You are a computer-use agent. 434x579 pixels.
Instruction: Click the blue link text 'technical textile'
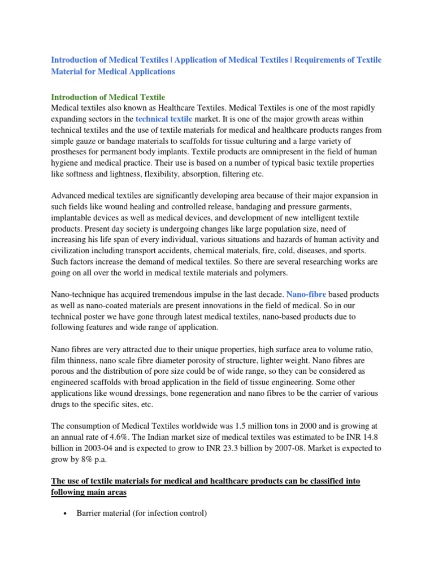click(164, 119)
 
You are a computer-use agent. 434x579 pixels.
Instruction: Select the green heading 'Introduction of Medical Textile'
click(108, 98)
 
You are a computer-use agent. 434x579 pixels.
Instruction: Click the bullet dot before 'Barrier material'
click(66, 513)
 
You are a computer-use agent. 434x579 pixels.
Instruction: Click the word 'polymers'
click(271, 273)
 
